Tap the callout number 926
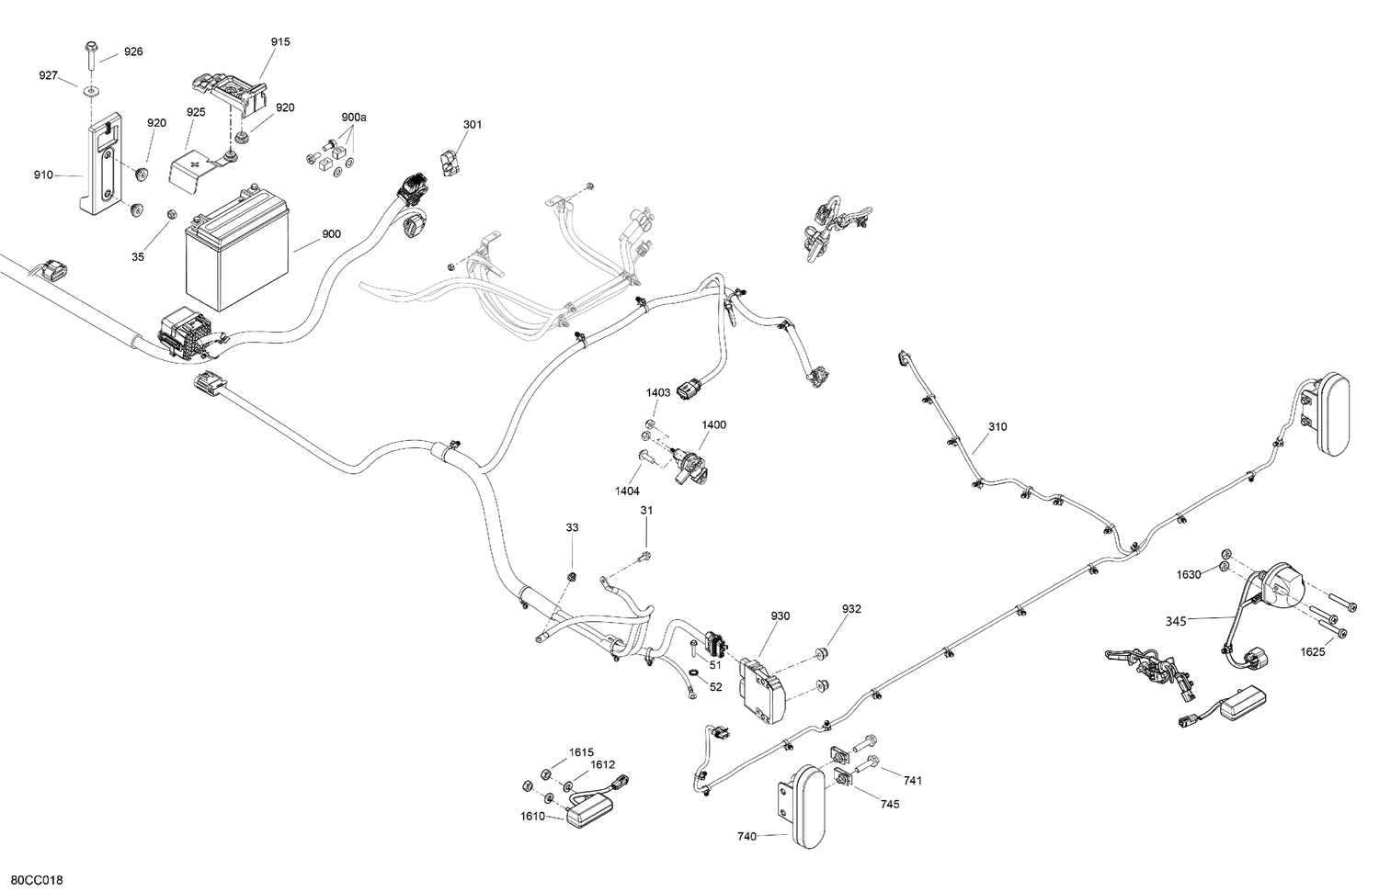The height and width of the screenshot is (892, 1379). click(x=133, y=51)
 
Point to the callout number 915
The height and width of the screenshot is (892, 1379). click(x=280, y=42)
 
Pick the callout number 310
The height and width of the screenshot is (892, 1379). click(x=997, y=427)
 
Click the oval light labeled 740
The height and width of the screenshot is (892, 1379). click(x=803, y=807)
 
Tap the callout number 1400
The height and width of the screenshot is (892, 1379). click(x=713, y=425)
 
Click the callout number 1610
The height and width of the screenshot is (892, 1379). click(x=532, y=817)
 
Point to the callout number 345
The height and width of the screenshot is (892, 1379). click(x=1176, y=621)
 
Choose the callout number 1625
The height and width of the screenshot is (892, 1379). click(x=1313, y=652)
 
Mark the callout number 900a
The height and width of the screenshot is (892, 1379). click(x=353, y=117)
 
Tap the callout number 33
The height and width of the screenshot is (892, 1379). click(x=572, y=528)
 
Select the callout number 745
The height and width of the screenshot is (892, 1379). click(x=890, y=804)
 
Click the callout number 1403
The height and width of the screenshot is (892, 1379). click(x=658, y=392)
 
